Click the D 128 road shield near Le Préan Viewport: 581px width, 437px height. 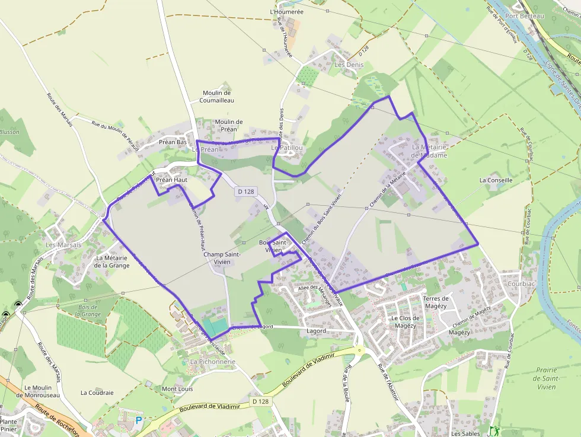point(245,192)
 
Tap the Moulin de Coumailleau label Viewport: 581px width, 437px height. point(218,97)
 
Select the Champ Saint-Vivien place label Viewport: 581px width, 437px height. point(222,258)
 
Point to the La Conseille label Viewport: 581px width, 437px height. point(496,180)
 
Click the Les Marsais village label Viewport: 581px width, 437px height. point(63,244)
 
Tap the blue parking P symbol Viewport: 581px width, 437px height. point(139,420)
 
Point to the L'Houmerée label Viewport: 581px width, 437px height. point(286,11)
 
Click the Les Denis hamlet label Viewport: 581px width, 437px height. point(349,65)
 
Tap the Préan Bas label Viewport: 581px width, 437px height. point(173,142)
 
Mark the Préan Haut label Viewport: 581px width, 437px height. point(171,179)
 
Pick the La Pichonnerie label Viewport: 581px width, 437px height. point(213,362)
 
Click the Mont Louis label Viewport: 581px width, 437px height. point(177,389)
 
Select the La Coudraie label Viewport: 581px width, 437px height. point(97,393)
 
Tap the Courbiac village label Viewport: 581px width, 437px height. point(521,283)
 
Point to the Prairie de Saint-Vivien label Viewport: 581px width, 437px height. point(545,378)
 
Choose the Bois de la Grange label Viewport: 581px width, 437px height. point(89,310)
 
